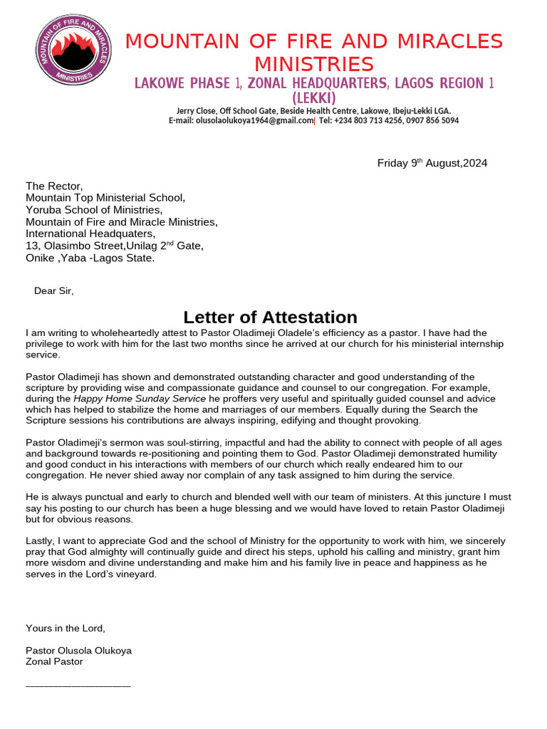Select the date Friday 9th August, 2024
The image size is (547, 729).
[432, 163]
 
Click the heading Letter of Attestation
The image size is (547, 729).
[270, 317]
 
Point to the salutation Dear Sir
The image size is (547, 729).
[53, 290]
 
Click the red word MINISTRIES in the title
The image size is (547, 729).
[313, 65]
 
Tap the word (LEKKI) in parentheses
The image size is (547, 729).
[313, 98]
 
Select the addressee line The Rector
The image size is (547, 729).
[54, 187]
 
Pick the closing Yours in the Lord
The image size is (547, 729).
[65, 628]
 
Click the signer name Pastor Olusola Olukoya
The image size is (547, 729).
[78, 651]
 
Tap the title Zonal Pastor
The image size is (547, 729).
[54, 661]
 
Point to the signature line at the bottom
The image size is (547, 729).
[78, 686]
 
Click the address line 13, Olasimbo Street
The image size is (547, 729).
[114, 246]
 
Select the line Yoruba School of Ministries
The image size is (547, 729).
[94, 210]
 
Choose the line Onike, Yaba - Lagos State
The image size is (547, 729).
[90, 258]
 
